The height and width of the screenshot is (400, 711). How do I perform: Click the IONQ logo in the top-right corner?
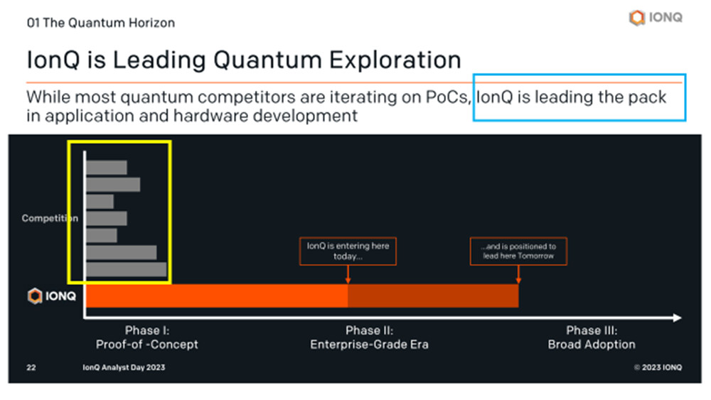tap(656, 18)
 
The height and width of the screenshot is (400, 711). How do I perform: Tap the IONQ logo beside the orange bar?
tap(52, 296)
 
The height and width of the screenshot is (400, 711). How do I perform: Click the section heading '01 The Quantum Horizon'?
tap(101, 23)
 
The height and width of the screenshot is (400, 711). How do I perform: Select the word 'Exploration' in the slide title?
tap(395, 60)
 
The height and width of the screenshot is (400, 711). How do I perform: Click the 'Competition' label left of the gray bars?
tap(50, 218)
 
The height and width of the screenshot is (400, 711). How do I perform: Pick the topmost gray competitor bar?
tap(107, 168)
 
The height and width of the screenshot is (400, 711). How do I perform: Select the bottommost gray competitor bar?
tap(127, 269)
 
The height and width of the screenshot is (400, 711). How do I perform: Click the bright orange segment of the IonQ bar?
tap(217, 296)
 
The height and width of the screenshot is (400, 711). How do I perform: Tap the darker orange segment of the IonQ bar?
tap(433, 296)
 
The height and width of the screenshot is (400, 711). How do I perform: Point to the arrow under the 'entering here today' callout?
tap(348, 274)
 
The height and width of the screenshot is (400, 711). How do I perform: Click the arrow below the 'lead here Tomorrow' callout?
tap(518, 274)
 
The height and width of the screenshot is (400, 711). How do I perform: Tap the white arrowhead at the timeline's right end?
tap(678, 318)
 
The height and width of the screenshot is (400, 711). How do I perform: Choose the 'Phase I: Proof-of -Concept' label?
tap(147, 337)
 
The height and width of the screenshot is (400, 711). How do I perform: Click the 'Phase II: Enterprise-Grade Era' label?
tap(369, 337)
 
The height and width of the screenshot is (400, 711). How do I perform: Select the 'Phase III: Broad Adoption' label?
tap(592, 337)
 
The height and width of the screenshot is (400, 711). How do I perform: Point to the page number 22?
tap(31, 367)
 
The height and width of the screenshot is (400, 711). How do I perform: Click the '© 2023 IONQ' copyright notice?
tap(658, 367)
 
